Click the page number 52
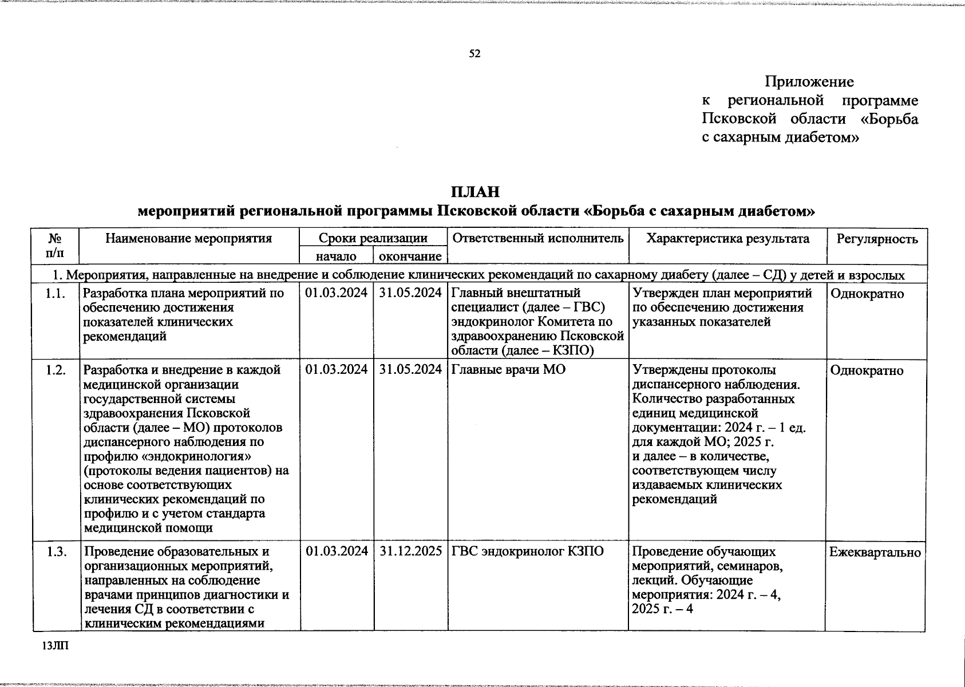(474, 54)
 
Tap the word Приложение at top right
(809, 82)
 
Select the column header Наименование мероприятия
(188, 239)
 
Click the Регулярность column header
(877, 239)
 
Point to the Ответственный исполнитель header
(538, 239)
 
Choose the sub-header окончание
(410, 256)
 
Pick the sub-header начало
(336, 256)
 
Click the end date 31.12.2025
(410, 551)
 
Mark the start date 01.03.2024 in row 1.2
(337, 370)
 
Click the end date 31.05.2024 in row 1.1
(410, 294)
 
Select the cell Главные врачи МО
(509, 370)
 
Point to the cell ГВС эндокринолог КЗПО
(528, 551)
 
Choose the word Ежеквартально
(875, 552)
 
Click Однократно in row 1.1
(867, 294)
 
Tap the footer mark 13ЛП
(54, 646)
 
